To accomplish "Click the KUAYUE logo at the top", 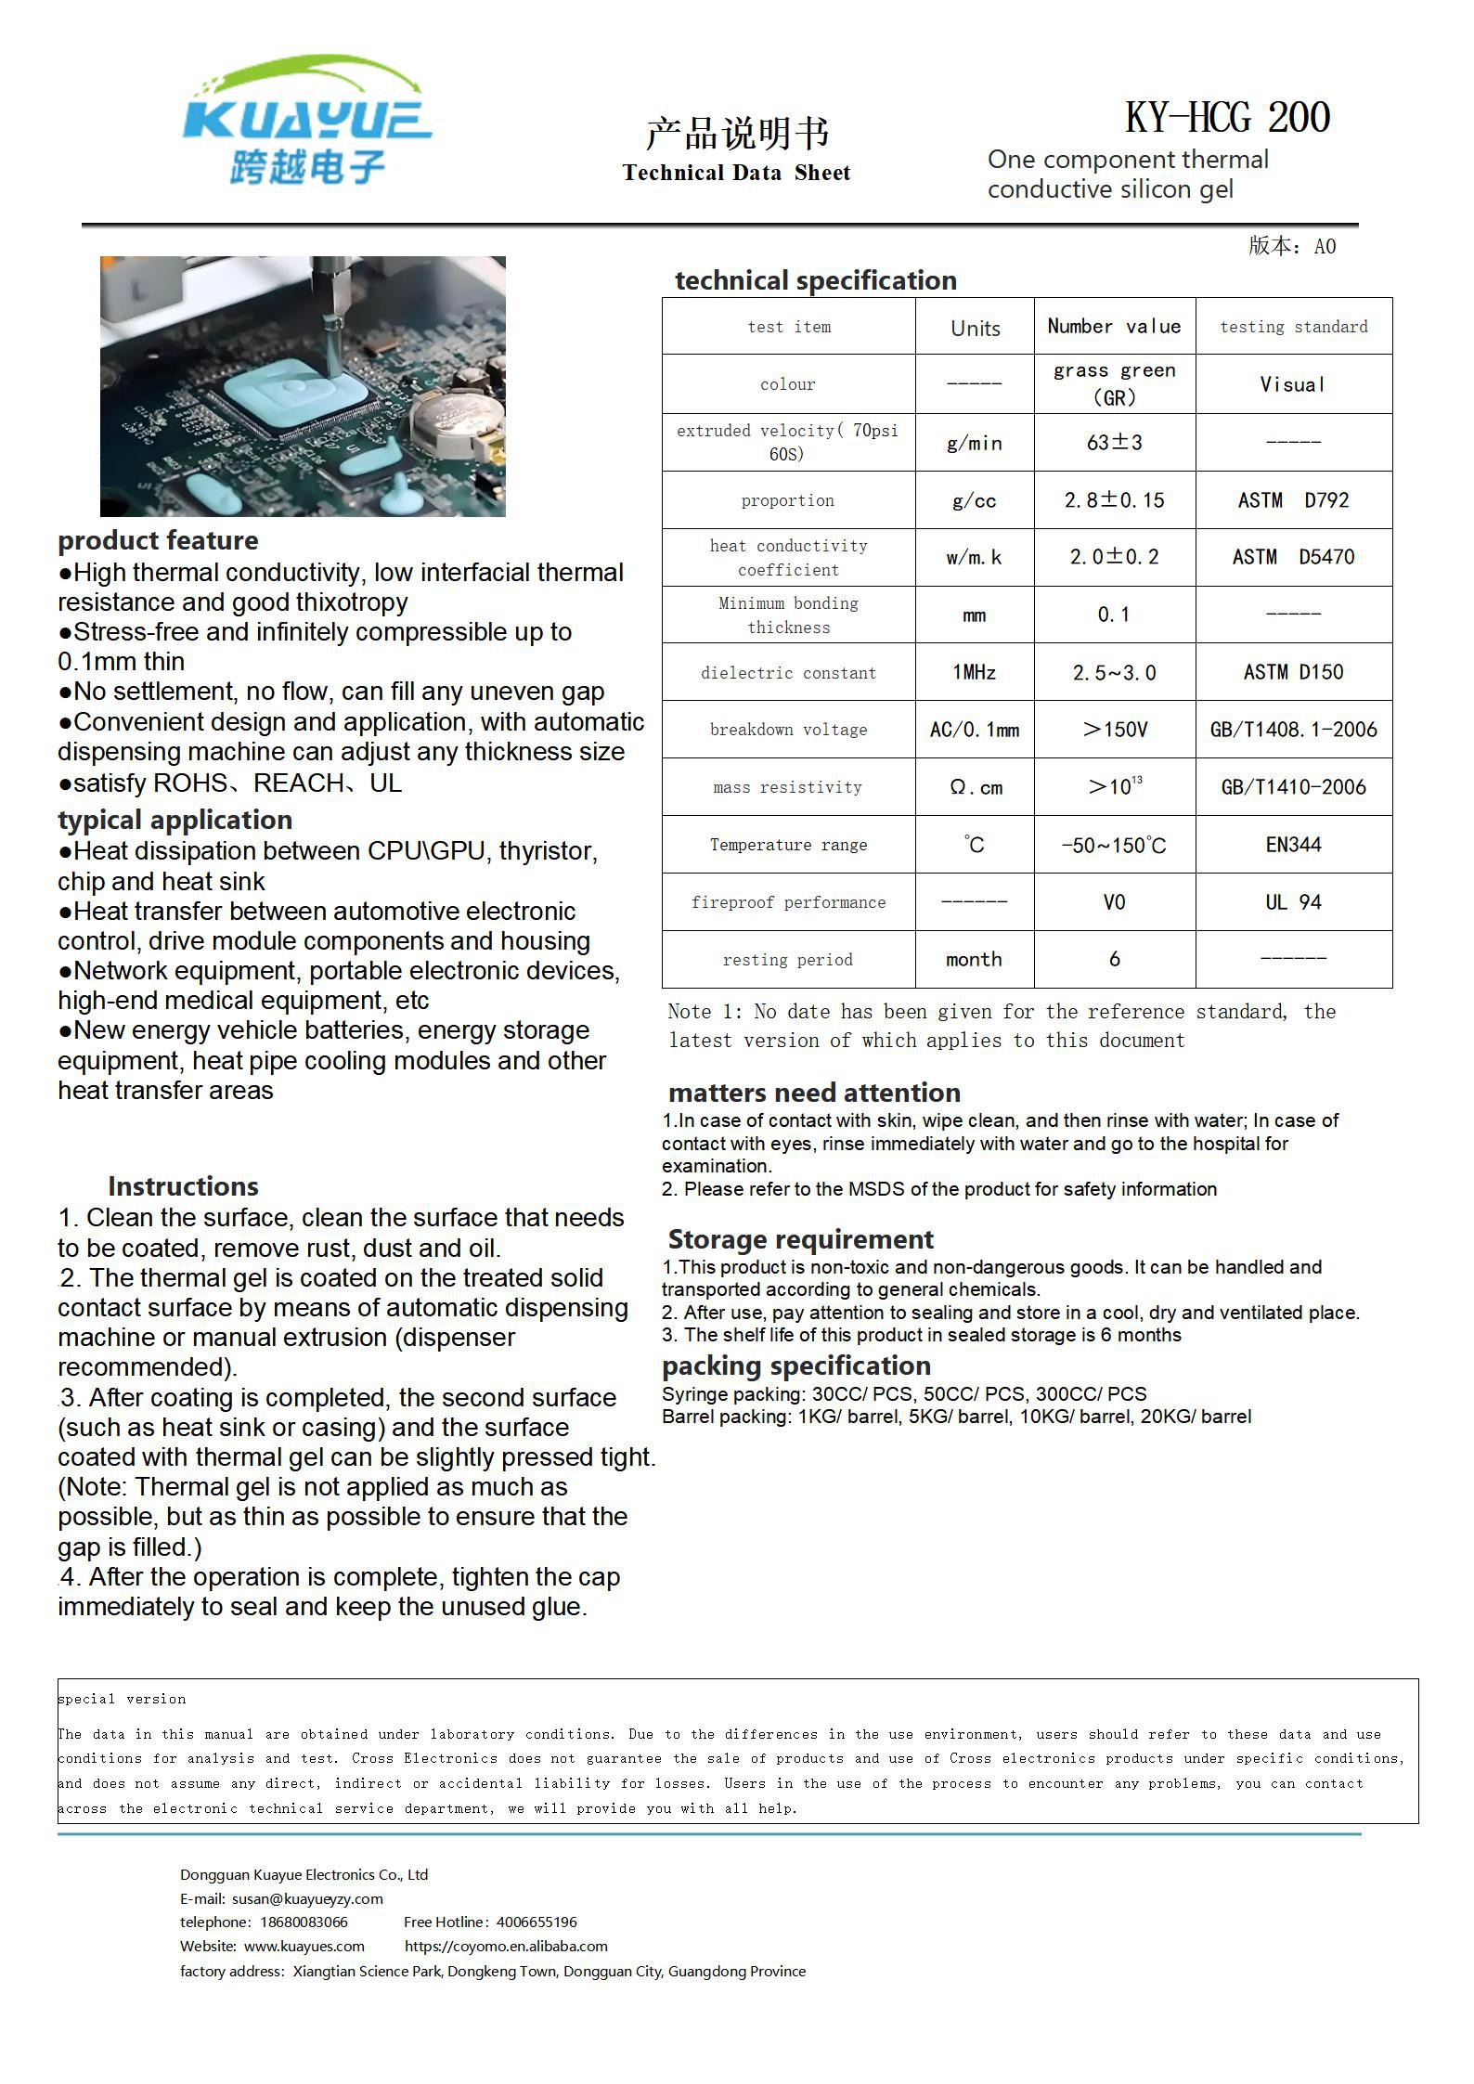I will tap(306, 121).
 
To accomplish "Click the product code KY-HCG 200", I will tap(1227, 118).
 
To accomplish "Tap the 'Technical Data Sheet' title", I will tap(736, 173).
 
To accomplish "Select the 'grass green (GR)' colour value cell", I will tap(1114, 383).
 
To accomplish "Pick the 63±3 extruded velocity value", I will tap(1114, 442).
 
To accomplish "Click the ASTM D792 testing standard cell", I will tap(1293, 500).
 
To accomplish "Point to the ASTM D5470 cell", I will tap(1293, 557).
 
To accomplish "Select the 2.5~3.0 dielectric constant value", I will tap(1114, 672).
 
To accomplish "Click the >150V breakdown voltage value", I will tap(1114, 730).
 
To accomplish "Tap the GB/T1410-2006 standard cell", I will tap(1293, 787).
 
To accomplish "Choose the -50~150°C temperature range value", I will tap(1114, 846).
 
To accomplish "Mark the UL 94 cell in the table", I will tap(1293, 902).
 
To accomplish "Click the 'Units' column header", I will tap(975, 328).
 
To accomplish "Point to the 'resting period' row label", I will tap(787, 960).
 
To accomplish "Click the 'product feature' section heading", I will tap(158, 540).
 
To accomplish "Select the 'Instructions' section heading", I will tap(183, 1186).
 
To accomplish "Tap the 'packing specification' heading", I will tap(795, 1366).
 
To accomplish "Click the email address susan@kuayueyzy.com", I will tap(307, 1898).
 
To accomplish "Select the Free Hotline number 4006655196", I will tap(537, 1922).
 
